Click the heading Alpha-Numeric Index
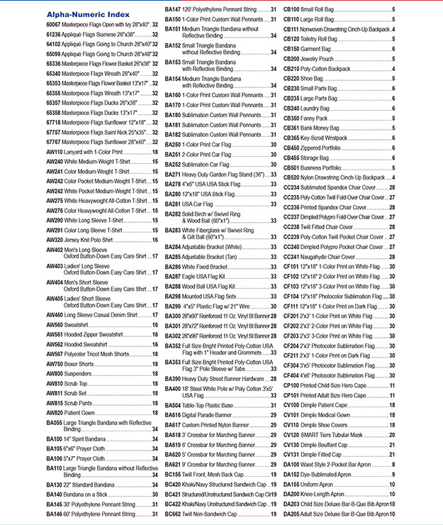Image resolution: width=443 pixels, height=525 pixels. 87,13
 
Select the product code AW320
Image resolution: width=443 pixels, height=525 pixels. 55,240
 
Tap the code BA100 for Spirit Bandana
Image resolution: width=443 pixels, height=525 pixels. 55,439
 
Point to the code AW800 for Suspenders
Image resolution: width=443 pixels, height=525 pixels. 55,373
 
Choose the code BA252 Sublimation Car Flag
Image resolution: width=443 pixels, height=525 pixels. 173,163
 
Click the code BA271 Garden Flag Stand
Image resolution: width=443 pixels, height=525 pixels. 173,174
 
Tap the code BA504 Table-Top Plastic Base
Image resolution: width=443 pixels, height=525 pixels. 173,404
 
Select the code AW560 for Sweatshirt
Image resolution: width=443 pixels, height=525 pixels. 55,324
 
